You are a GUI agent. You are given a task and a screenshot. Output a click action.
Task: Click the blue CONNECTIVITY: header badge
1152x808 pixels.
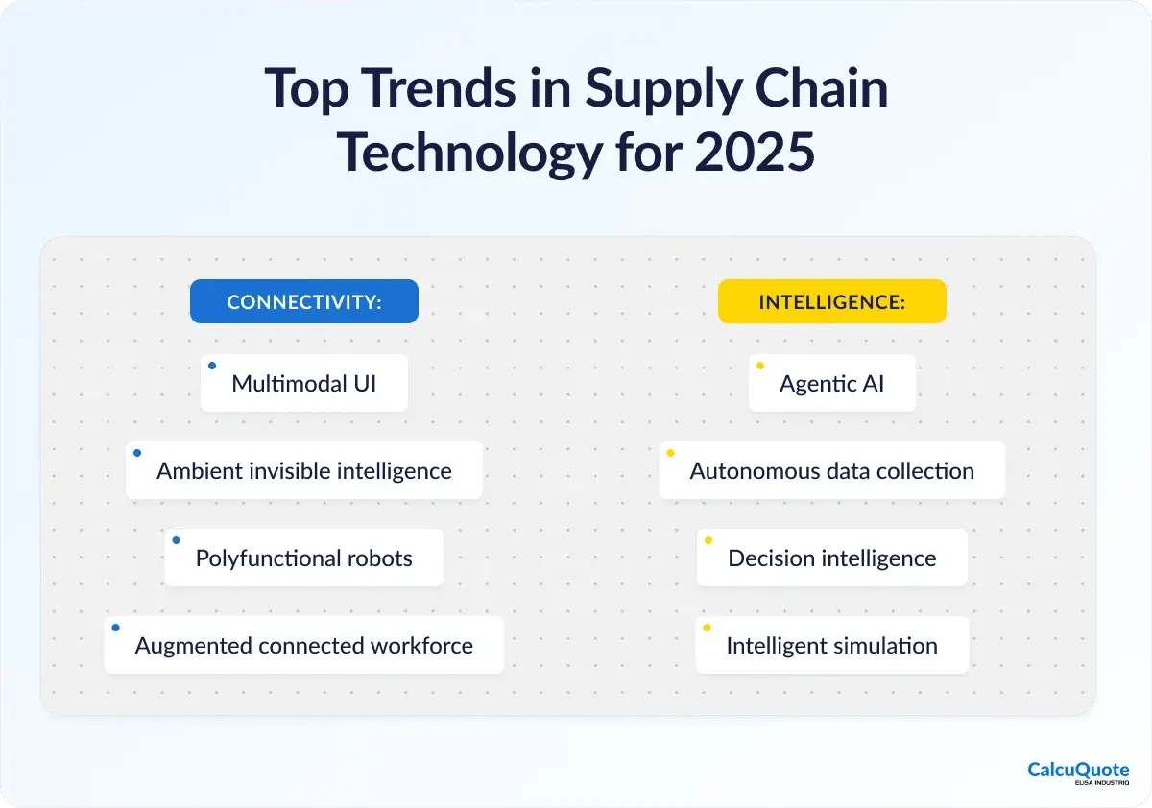coord(304,301)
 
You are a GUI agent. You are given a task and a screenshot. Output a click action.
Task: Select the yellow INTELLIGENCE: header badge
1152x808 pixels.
coord(832,301)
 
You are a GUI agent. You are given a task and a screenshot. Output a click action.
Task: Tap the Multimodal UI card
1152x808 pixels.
coord(304,383)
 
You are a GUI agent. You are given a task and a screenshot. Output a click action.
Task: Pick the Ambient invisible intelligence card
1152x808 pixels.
coord(304,470)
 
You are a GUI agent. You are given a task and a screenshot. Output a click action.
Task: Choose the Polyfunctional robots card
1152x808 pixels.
coord(304,558)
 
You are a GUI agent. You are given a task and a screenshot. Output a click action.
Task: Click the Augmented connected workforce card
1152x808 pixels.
coord(304,645)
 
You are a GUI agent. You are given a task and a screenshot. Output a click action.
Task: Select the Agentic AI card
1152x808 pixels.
coord(832,383)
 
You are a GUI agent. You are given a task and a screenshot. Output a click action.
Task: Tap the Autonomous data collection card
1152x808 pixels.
coord(832,470)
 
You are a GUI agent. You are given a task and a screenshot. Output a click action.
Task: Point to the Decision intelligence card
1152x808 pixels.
coord(832,558)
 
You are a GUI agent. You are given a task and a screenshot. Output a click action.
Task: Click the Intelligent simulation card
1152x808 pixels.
coord(832,645)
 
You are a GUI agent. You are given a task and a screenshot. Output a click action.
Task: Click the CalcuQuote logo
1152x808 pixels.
coord(1078,772)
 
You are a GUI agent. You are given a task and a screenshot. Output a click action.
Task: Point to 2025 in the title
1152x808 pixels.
coord(755,152)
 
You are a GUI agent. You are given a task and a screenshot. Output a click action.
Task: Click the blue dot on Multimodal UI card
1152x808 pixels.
coord(212,366)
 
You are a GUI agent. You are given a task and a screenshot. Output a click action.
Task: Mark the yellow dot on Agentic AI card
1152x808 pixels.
coord(760,366)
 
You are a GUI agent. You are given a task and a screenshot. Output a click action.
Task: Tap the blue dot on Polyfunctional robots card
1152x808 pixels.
coord(176,540)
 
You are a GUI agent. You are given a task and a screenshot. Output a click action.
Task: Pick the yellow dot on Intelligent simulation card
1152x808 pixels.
coord(708,628)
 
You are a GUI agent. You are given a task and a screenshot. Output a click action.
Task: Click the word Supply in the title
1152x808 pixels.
coord(663,91)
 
